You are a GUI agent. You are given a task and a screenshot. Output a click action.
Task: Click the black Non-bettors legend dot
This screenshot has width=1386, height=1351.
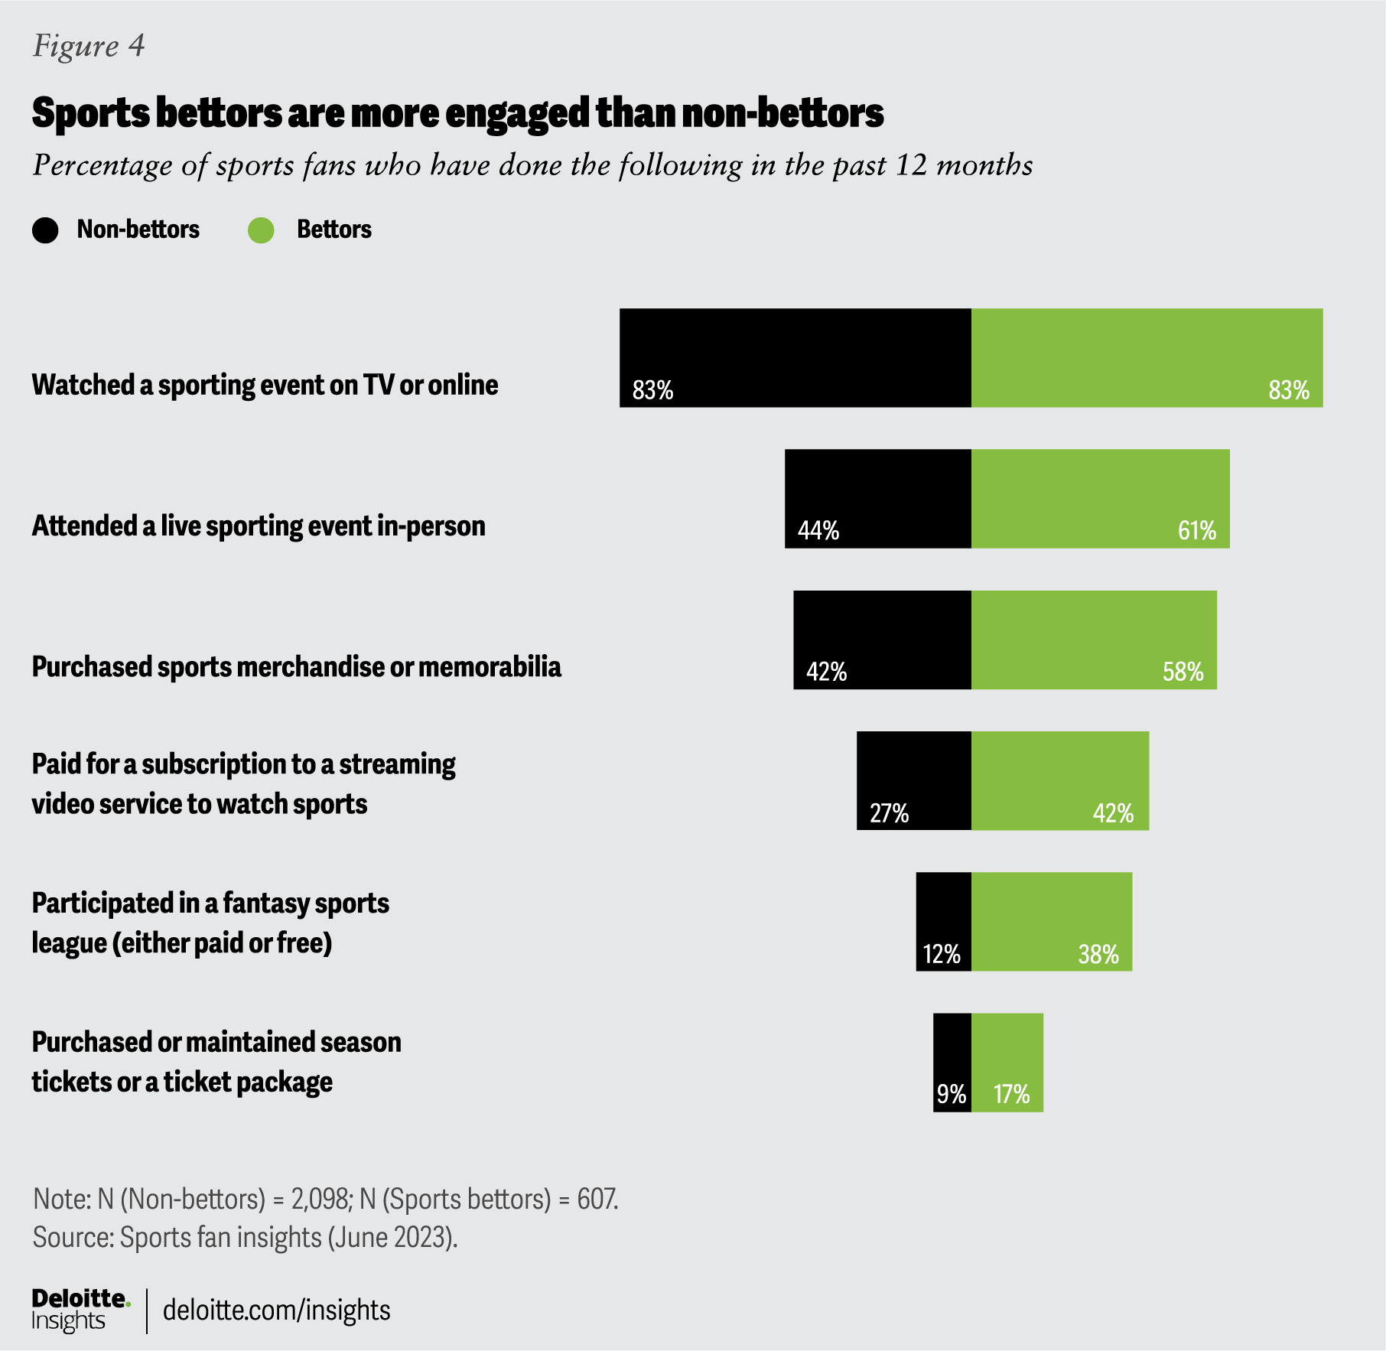45,230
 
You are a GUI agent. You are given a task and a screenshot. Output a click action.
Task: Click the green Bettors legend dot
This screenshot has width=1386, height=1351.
261,230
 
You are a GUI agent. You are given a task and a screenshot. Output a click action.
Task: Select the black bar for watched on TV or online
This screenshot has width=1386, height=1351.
795,357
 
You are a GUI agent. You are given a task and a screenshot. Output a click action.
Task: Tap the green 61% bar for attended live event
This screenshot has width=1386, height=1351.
1100,498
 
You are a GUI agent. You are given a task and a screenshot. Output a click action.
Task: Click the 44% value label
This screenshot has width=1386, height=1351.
818,530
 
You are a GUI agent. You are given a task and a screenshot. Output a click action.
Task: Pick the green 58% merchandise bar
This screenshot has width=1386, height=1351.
1094,639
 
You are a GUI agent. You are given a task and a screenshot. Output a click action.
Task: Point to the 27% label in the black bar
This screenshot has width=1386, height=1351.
889,812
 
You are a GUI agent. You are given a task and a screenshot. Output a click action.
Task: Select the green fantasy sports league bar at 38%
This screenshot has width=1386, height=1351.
1051,921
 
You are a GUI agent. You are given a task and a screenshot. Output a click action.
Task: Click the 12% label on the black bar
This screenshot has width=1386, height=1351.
942,954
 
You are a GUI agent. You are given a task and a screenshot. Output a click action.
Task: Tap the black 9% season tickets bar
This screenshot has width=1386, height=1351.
952,1062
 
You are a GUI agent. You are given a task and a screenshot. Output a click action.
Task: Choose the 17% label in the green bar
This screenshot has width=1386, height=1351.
1011,1095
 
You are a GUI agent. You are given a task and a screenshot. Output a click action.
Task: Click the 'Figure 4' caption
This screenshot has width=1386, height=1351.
89,46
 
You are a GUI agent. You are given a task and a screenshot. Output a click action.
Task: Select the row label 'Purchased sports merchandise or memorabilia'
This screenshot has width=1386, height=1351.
296,667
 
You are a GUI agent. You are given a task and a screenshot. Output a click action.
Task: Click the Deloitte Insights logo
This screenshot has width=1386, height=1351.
80,1310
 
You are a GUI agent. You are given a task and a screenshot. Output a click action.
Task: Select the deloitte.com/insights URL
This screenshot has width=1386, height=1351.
276,1310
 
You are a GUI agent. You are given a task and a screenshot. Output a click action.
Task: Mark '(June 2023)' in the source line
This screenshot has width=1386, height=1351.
392,1237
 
